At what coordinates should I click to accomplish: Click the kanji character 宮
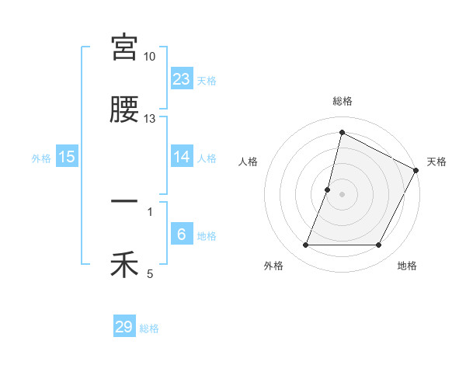tap(124, 47)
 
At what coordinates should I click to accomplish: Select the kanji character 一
tap(124, 203)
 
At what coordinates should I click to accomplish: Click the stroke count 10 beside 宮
tap(150, 57)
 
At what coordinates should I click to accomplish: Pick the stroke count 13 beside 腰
tap(150, 119)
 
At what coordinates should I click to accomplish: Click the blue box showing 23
tap(182, 79)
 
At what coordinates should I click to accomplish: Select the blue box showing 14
tap(182, 157)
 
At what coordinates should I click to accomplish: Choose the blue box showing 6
tap(182, 235)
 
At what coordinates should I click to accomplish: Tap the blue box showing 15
tap(67, 157)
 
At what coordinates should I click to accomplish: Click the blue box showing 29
tap(124, 327)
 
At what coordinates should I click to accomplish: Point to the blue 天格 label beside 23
tap(207, 80)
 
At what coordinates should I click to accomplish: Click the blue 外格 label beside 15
tap(41, 158)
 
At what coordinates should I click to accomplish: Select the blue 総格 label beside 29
tap(149, 328)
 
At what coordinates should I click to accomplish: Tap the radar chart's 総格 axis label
tap(343, 101)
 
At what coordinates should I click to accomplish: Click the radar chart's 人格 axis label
tap(248, 162)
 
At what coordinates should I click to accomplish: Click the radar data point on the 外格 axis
tap(305, 245)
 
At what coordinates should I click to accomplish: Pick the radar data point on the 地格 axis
tap(379, 245)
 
